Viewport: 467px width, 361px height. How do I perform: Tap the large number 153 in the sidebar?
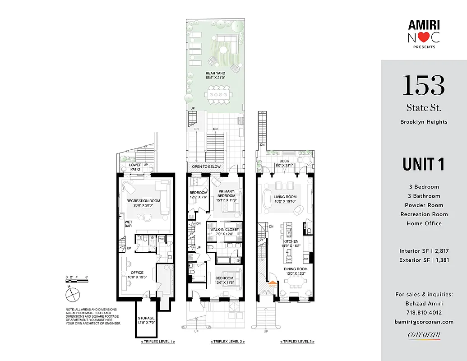[423, 85]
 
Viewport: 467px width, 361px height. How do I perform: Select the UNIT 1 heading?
[423, 164]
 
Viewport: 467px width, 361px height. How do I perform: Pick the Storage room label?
[146, 320]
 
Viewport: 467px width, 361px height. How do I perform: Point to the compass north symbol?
[72, 294]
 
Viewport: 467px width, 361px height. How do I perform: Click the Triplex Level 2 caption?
[227, 342]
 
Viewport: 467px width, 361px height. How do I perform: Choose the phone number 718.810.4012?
[424, 312]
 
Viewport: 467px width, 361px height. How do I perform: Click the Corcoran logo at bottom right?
[423, 335]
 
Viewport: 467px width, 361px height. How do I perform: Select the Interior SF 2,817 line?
[424, 251]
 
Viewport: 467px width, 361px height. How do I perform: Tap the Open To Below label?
[207, 167]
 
